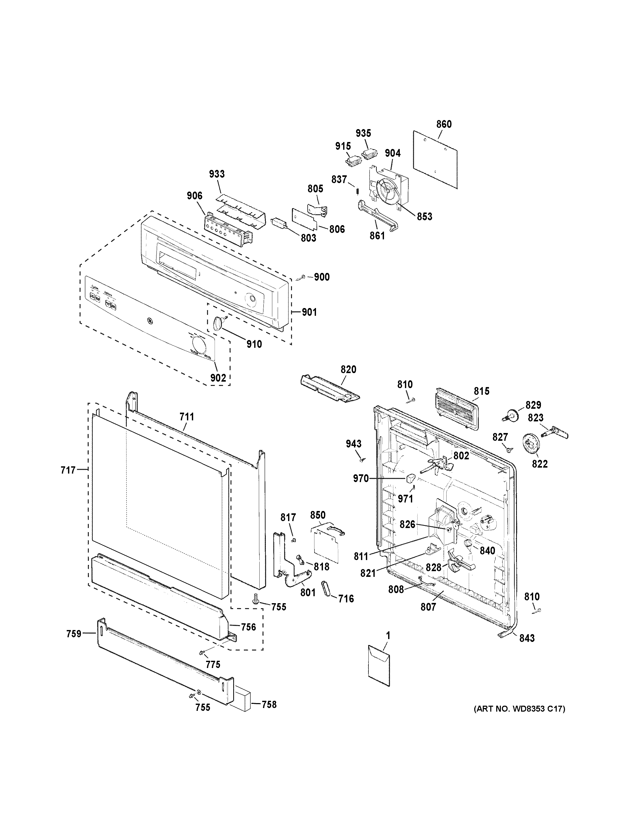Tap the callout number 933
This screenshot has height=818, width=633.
(217, 174)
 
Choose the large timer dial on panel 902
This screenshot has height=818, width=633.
(199, 345)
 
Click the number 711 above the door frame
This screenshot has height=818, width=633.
(187, 416)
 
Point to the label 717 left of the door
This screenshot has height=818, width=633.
(68, 470)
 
